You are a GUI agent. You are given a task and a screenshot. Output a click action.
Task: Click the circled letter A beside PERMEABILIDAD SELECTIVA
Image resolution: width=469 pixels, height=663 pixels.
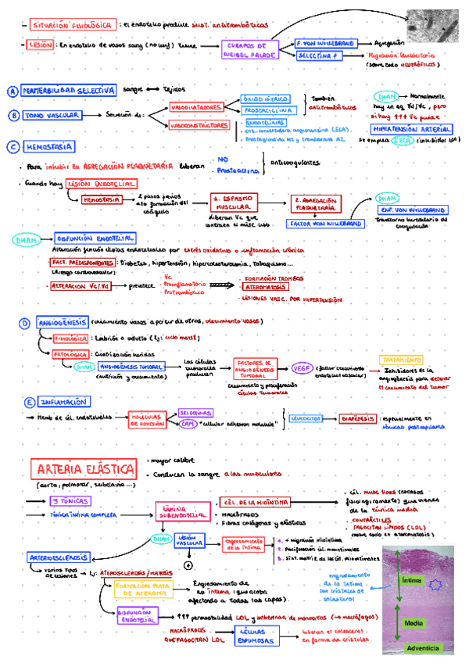click(x=13, y=91)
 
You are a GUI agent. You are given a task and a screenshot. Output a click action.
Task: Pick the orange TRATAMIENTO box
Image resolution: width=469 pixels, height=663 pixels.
click(x=402, y=359)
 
